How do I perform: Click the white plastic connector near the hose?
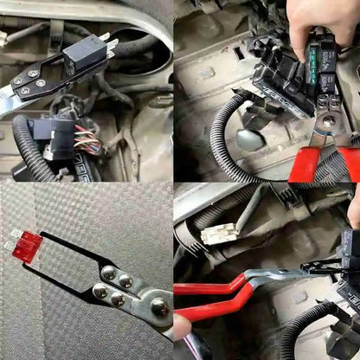click(218, 232)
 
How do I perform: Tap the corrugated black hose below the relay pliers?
click(299, 333)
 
